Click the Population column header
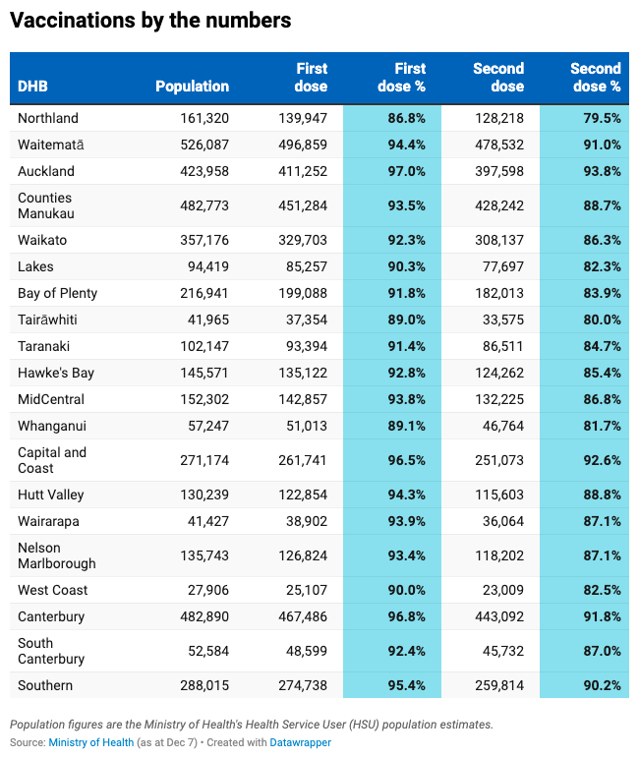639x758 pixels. (192, 87)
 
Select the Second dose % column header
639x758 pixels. (596, 78)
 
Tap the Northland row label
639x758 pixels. (48, 118)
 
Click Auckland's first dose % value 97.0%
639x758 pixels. (407, 171)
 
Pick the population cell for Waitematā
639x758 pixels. (204, 145)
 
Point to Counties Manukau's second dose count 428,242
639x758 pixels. (499, 205)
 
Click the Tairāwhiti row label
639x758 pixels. (47, 320)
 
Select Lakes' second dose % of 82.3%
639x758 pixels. (602, 266)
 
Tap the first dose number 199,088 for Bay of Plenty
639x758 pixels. (303, 293)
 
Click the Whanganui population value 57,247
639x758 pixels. (208, 426)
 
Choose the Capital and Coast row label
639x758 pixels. (52, 460)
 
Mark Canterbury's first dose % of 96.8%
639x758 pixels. (407, 616)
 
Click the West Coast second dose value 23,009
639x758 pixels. (503, 590)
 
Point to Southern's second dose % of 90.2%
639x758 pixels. (602, 685)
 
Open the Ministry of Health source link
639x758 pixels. (90, 742)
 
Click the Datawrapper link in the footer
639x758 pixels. (300, 742)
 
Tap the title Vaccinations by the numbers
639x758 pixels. (150, 21)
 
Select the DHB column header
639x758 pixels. (32, 87)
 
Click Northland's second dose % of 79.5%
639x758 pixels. (602, 118)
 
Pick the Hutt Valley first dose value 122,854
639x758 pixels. (303, 495)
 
